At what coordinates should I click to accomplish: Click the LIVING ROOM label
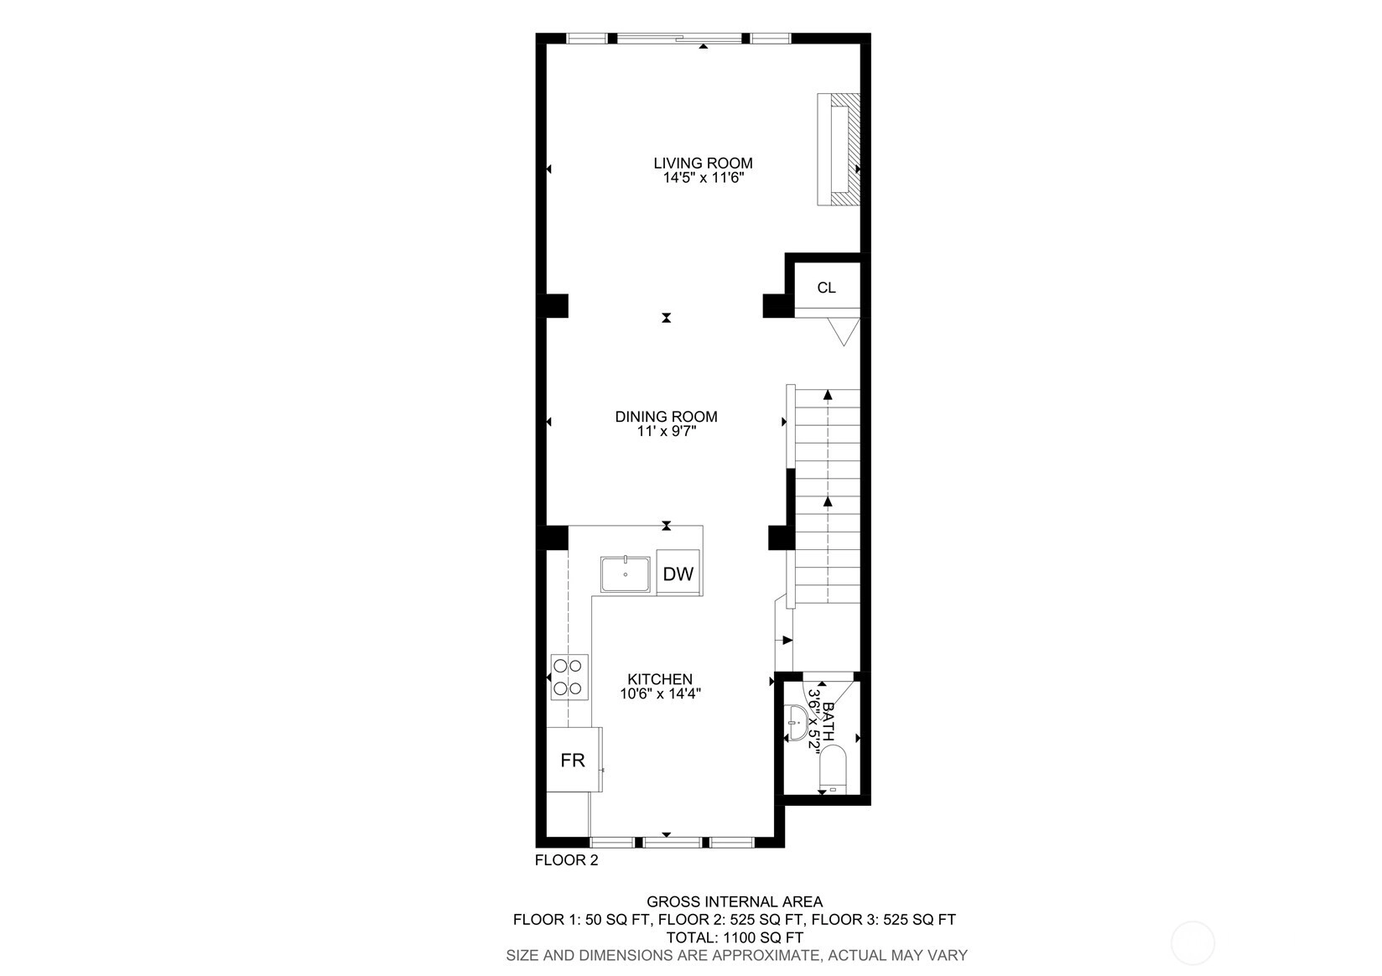703,164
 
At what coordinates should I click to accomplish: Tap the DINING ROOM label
667,417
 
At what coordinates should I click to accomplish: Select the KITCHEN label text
660,679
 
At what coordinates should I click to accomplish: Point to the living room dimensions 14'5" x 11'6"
704,179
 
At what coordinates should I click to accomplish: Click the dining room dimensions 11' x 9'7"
667,431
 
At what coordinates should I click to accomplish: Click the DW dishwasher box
678,574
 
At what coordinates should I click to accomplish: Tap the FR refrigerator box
574,760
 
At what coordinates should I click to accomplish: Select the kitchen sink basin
625,574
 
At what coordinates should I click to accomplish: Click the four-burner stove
569,677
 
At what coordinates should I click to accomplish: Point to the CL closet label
826,288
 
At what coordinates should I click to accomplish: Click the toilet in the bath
834,770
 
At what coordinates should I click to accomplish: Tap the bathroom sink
797,723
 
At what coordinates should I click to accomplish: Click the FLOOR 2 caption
566,860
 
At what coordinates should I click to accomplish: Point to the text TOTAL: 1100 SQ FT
735,937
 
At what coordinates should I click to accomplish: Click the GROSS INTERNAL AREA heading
735,902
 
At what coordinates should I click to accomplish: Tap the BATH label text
828,721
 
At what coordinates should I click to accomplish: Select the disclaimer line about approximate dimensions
736,956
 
